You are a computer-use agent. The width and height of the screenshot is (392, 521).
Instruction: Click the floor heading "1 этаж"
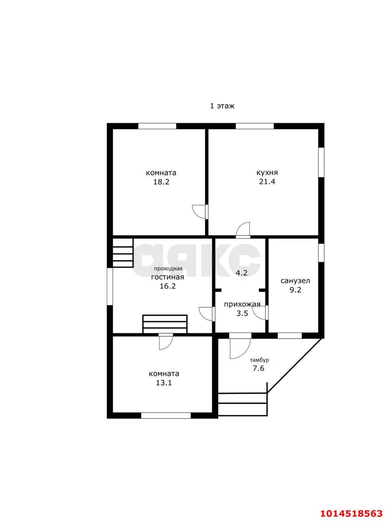point(222,106)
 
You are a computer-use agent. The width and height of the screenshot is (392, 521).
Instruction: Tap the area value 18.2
point(161,182)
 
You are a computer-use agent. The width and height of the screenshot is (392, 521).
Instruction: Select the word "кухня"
point(267,173)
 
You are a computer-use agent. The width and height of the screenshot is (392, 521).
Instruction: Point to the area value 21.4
point(267,182)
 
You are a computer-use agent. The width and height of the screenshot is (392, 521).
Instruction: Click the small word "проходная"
point(168,269)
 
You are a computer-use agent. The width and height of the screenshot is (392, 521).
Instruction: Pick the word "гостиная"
point(168,277)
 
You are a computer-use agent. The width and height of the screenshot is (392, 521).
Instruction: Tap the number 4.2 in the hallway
point(241,273)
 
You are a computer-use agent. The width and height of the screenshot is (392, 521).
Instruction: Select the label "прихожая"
point(242,304)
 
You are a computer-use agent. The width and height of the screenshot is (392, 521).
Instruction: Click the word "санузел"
point(295,281)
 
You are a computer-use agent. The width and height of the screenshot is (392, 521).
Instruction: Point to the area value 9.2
point(296,290)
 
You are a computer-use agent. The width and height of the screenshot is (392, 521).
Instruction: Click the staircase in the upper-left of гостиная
point(123,253)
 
